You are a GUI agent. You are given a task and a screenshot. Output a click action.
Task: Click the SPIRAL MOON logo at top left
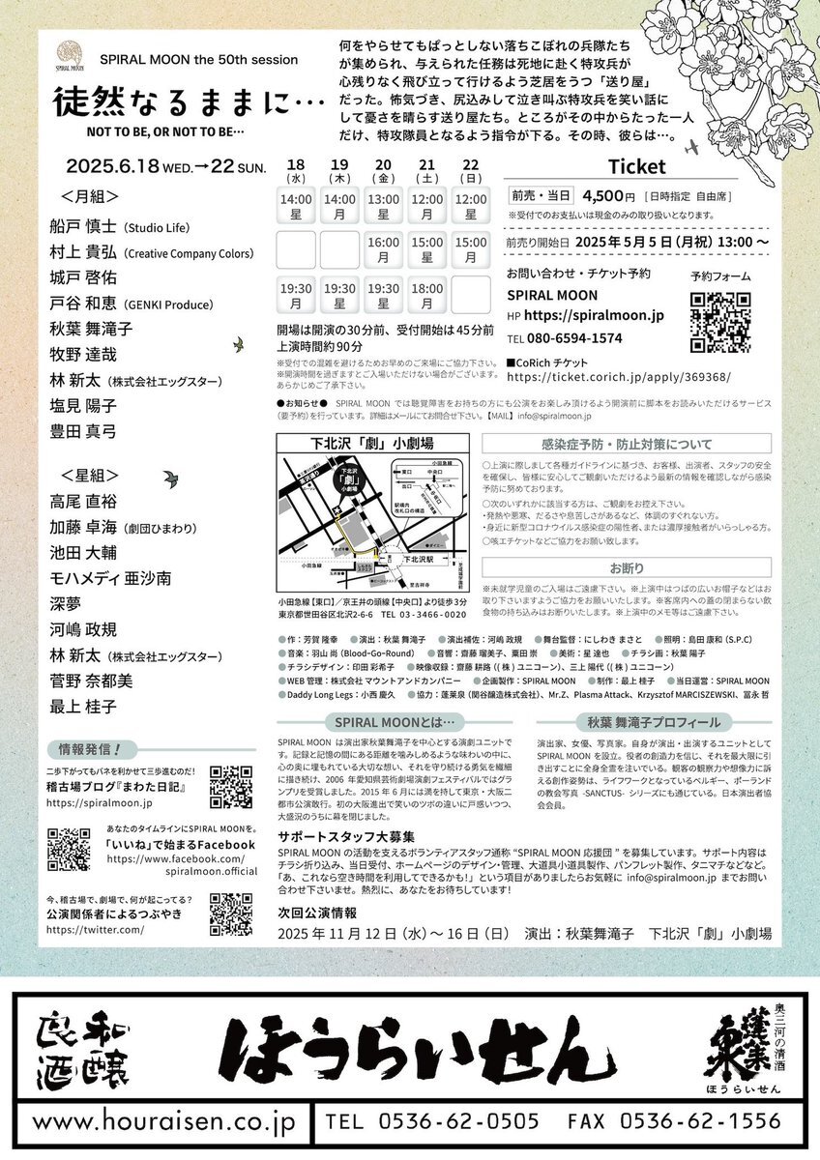[71, 53]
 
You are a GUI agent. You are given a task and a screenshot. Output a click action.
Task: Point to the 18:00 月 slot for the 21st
[427, 296]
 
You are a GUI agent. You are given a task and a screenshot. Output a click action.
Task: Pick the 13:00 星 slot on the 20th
[383, 206]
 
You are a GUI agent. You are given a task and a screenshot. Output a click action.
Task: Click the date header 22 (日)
[470, 170]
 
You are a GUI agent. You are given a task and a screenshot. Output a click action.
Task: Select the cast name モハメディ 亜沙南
[110, 577]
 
